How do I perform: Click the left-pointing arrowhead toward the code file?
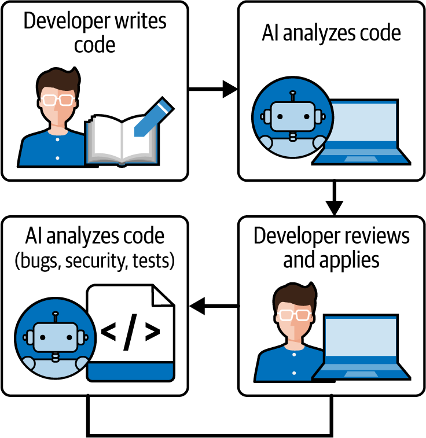(x=199, y=306)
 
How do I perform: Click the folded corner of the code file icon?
(x=164, y=295)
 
